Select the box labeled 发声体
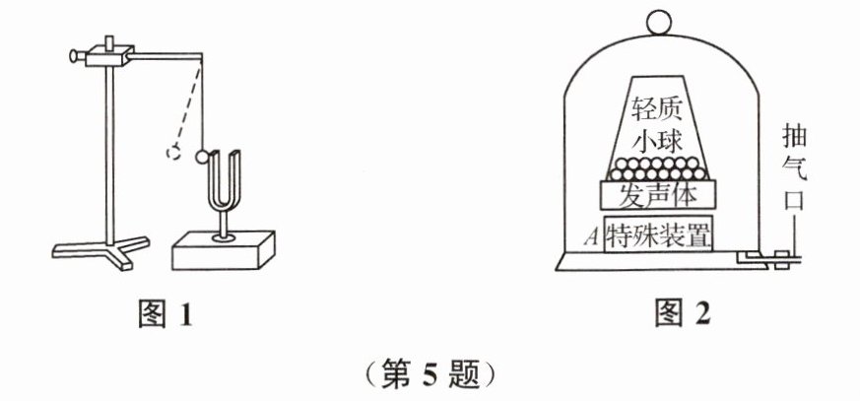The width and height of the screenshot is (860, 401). (657, 194)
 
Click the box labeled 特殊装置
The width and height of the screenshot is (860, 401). (659, 235)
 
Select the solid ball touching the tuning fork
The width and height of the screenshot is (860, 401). (202, 155)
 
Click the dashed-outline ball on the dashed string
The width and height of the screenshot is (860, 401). (173, 153)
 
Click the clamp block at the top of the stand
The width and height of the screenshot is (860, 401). (107, 55)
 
